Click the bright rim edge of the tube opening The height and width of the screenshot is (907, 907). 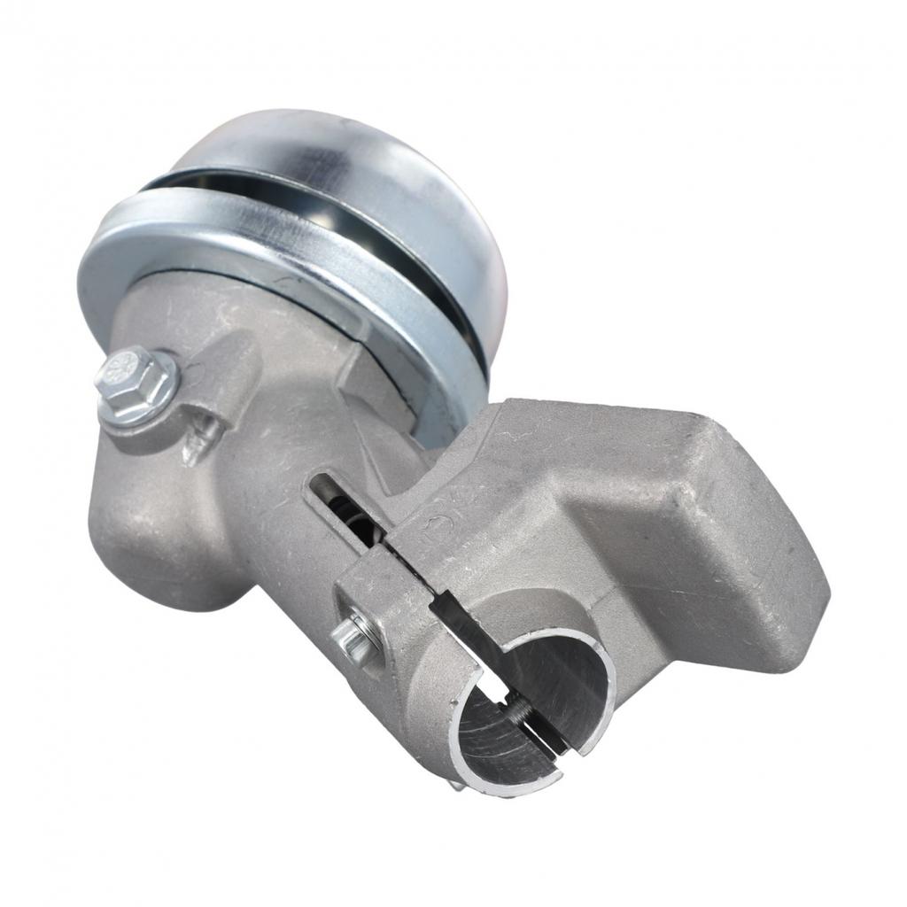tap(469, 709)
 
